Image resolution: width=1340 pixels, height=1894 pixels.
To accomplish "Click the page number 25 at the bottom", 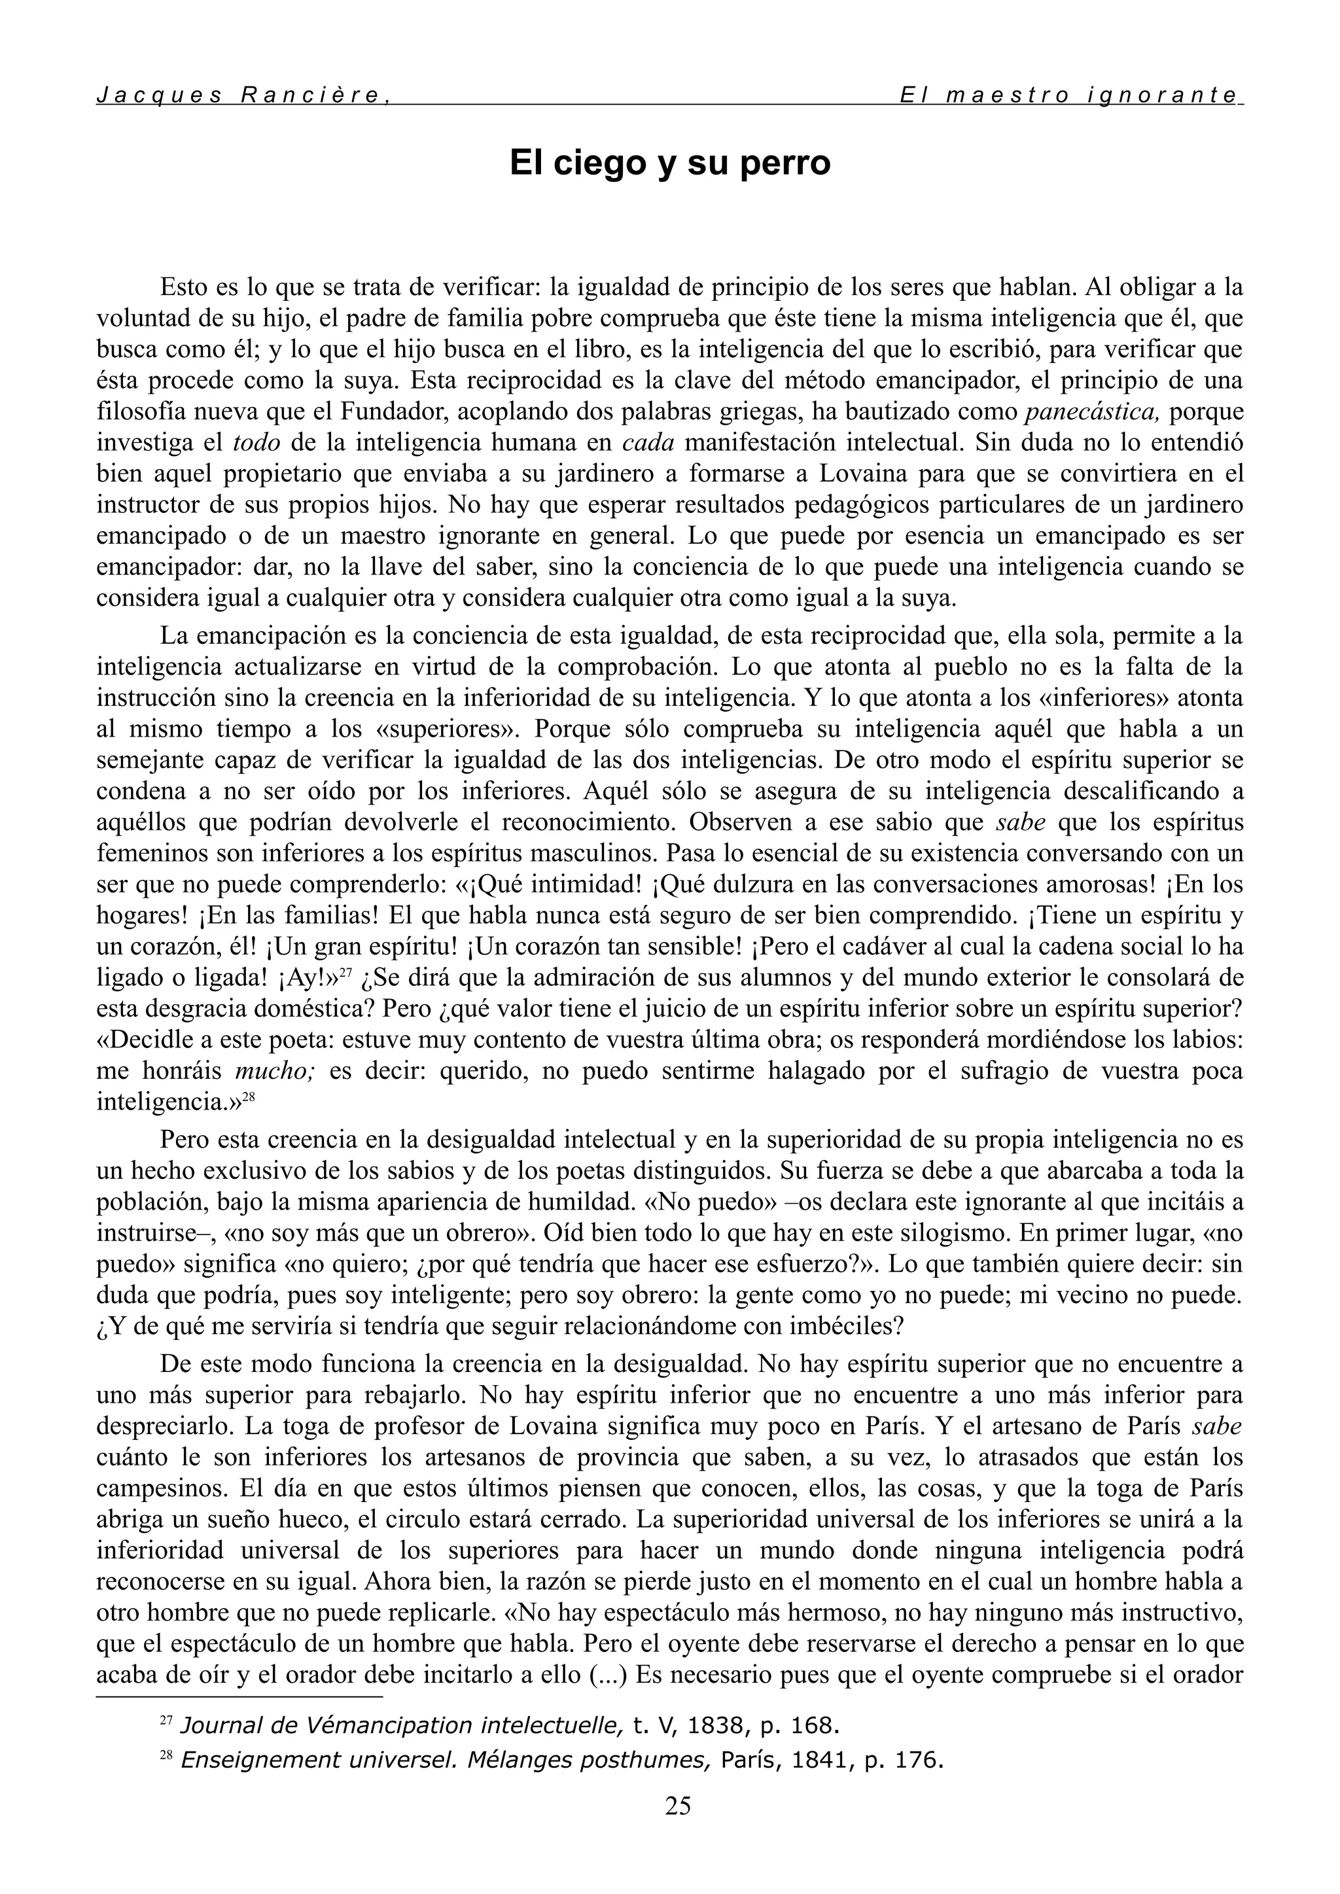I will tap(677, 1806).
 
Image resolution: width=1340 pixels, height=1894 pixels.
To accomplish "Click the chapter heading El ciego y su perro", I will tap(669, 162).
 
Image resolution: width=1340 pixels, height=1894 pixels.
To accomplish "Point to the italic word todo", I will tap(256, 442).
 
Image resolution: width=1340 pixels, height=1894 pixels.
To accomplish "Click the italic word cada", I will tap(648, 442).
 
